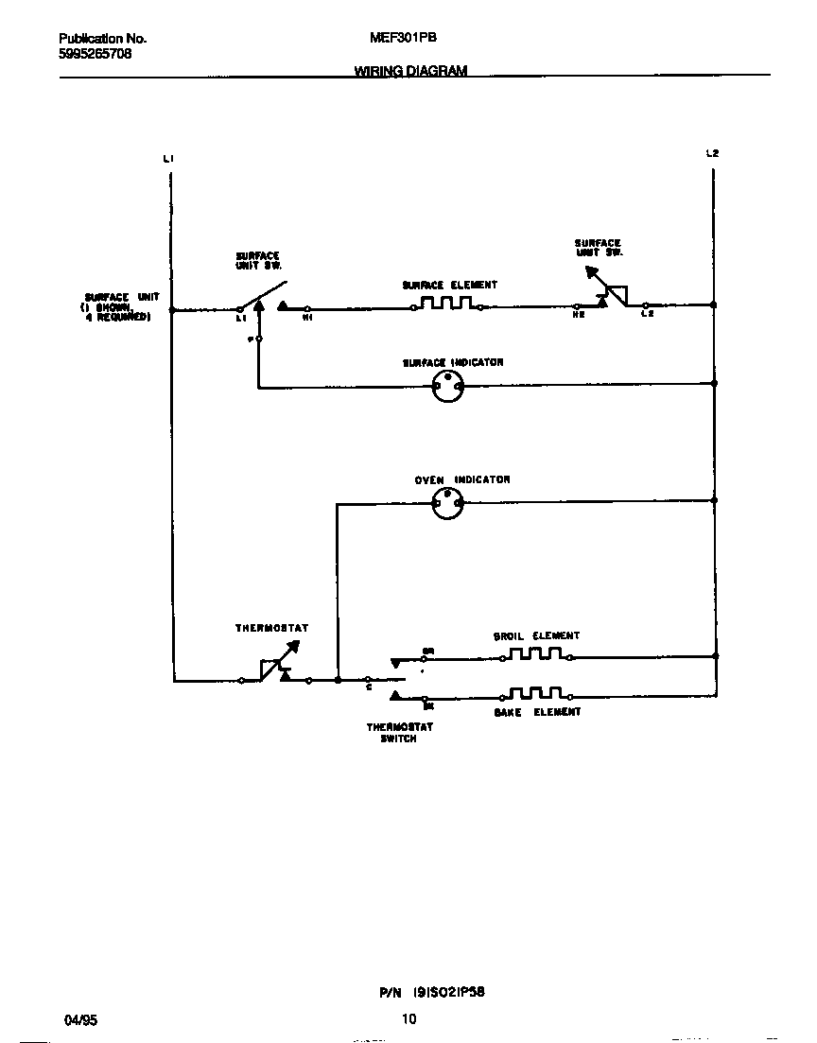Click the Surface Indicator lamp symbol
click(x=447, y=385)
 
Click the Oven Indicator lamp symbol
click(x=447, y=503)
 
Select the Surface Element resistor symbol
click(x=446, y=304)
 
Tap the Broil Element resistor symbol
click(x=535, y=653)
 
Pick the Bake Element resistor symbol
click(x=535, y=693)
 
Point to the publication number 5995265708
click(x=95, y=54)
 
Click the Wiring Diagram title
click(x=410, y=71)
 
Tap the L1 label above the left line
click(x=168, y=158)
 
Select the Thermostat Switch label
click(x=399, y=733)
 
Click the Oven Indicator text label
click(x=462, y=480)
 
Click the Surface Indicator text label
click(x=453, y=362)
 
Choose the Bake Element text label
click(x=537, y=712)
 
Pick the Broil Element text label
click(x=536, y=636)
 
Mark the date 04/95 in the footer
click(x=80, y=1020)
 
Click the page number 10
click(x=408, y=1019)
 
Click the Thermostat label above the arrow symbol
click(x=271, y=628)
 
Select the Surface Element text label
click(x=449, y=285)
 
